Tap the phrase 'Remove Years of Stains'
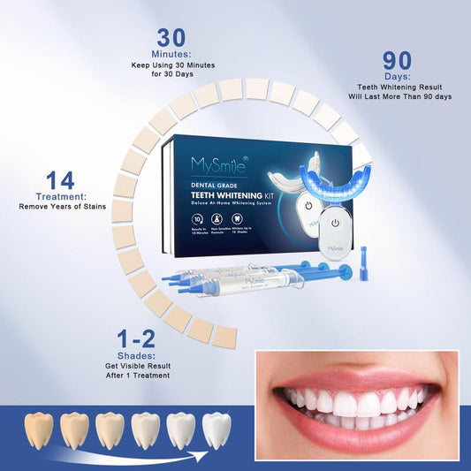tap(61, 207)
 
